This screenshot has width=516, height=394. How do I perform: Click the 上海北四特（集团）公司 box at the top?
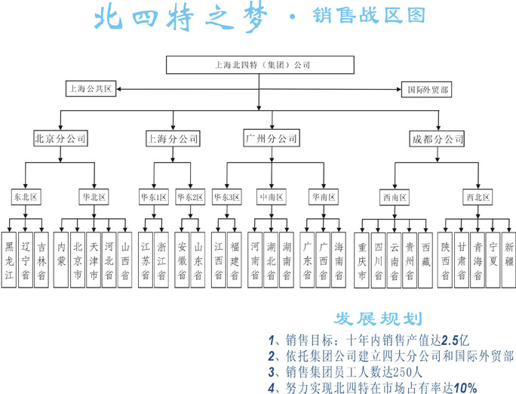(260, 65)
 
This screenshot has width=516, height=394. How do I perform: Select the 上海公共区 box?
(91, 88)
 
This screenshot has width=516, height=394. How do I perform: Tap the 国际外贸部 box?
(426, 90)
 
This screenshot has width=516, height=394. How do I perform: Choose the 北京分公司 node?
(60, 138)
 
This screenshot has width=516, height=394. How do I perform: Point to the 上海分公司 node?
(173, 138)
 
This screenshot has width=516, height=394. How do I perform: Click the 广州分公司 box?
(272, 138)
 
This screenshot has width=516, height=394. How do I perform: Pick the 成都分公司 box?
(437, 139)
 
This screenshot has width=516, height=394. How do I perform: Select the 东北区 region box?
(26, 197)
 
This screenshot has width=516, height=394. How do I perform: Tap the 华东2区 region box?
(190, 197)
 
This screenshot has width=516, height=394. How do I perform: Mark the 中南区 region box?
(272, 197)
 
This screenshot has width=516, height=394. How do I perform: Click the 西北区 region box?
(478, 197)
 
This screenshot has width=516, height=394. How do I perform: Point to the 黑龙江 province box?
(9, 260)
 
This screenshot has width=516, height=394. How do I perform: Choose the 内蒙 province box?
(61, 260)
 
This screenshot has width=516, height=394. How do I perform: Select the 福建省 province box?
(235, 260)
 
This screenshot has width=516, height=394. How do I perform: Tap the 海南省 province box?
(339, 260)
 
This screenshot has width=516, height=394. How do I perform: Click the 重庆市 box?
(361, 260)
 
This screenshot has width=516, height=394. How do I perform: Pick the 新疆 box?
(508, 260)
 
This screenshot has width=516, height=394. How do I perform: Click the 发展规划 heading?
(378, 319)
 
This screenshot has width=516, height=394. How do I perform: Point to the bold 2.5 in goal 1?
(450, 340)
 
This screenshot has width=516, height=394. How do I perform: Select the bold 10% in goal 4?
(465, 388)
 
